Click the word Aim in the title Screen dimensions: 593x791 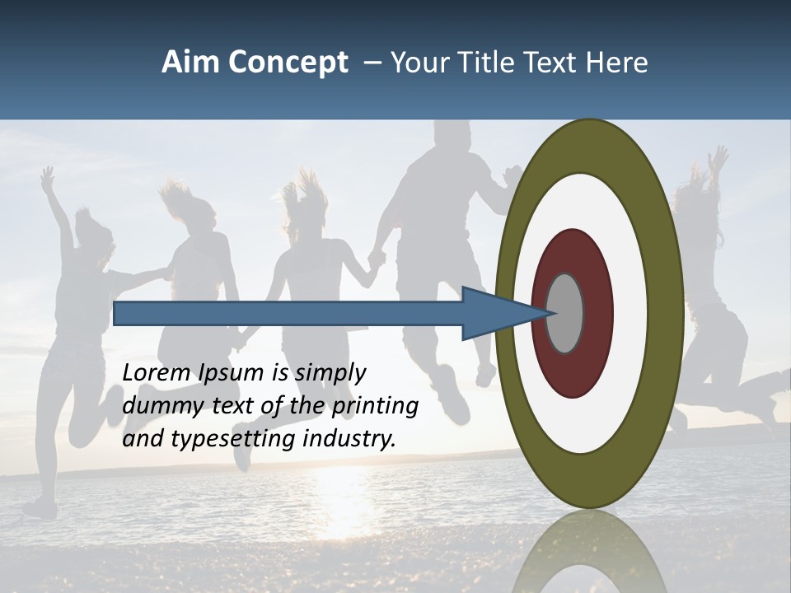[x=190, y=63]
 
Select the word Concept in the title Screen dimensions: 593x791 [x=288, y=63]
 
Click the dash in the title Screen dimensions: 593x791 [x=372, y=63]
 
